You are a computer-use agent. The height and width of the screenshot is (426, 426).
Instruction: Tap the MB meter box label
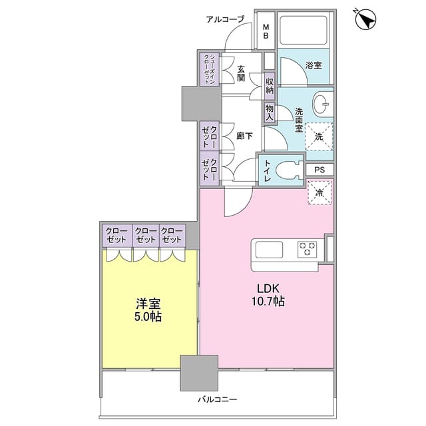[266, 31]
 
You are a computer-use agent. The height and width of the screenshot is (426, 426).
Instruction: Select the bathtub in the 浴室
[304, 31]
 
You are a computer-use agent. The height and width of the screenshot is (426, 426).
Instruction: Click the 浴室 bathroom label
[313, 66]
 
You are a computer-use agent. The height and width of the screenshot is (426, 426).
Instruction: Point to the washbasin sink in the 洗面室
[321, 103]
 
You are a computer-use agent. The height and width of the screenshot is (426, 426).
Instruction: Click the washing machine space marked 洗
[319, 136]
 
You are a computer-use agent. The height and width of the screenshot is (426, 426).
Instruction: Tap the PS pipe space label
[319, 170]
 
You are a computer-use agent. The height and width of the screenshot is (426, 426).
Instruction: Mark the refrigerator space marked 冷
[319, 193]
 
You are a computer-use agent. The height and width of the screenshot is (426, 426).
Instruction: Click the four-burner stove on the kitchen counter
[308, 249]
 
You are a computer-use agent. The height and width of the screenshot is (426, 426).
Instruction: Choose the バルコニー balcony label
[217, 400]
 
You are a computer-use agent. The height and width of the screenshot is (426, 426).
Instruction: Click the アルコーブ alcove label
[225, 19]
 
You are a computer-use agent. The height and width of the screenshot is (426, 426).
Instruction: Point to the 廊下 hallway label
[244, 136]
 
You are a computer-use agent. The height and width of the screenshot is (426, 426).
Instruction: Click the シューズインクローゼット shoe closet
[209, 69]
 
